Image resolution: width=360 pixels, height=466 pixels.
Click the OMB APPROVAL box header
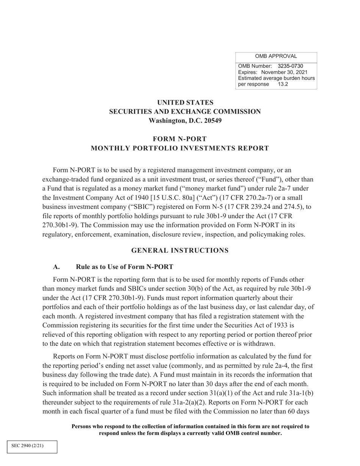[x=276, y=56]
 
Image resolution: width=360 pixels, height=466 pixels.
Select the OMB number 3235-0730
[x=290, y=66]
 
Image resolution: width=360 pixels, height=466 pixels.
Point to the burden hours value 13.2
[x=283, y=84]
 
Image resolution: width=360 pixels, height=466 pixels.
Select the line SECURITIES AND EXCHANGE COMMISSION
[x=185, y=112]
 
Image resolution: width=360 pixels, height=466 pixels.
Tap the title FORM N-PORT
[x=180, y=139]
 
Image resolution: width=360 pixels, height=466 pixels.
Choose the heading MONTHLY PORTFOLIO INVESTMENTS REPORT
[x=180, y=148]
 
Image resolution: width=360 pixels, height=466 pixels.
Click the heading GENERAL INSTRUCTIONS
[x=180, y=250]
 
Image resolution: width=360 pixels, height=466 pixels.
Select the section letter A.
[x=56, y=267]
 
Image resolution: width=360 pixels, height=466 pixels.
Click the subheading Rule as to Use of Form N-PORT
[x=125, y=267]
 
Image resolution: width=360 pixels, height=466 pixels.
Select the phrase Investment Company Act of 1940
[x=89, y=198]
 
